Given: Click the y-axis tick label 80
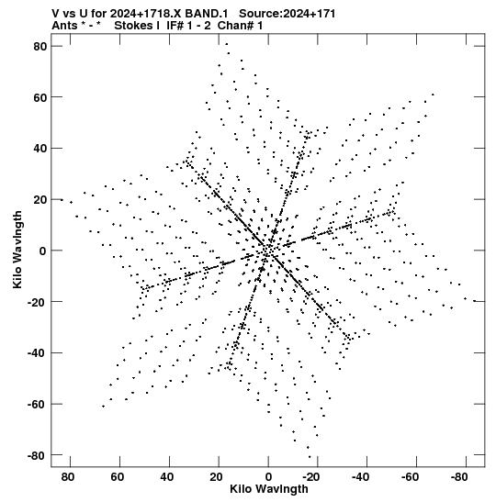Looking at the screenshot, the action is [x=40, y=47].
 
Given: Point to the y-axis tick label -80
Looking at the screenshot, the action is [x=37, y=455].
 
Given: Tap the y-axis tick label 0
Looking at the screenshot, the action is [x=43, y=251].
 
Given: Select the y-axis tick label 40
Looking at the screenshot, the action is [x=40, y=149].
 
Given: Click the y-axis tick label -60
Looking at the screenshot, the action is [x=37, y=405].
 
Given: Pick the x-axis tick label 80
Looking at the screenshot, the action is [x=68, y=477].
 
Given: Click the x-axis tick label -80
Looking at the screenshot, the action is [x=459, y=477].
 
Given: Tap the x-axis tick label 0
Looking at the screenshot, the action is [x=268, y=477].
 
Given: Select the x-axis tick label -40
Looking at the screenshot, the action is [x=360, y=477].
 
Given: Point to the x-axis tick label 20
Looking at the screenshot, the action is [x=216, y=477].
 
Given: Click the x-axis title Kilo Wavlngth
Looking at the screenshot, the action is [x=269, y=489].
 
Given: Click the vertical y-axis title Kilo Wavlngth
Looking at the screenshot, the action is [x=17, y=250].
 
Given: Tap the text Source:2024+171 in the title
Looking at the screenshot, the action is [x=287, y=14].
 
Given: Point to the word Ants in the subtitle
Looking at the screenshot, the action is [x=64, y=26].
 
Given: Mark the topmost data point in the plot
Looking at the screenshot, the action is [x=227, y=44].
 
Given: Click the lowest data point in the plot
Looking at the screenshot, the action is [x=310, y=457].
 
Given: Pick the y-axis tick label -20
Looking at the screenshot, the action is [x=37, y=302].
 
